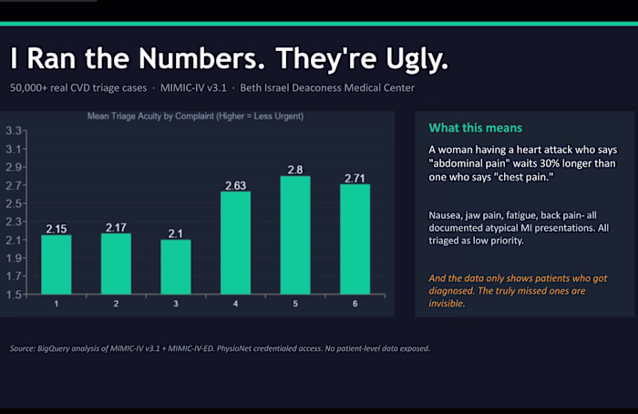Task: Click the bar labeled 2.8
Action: pyautogui.click(x=295, y=235)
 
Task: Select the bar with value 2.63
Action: pyautogui.click(x=235, y=243)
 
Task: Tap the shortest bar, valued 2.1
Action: pyautogui.click(x=176, y=266)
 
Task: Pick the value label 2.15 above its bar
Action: pyautogui.click(x=57, y=229)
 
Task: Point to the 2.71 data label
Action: pyautogui.click(x=355, y=179)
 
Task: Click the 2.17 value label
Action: pyautogui.click(x=116, y=228)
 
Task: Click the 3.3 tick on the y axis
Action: pyautogui.click(x=14, y=130)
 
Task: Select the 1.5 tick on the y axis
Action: pyautogui.click(x=14, y=295)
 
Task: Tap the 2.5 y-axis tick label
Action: pyautogui.click(x=14, y=203)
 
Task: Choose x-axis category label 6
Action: pyautogui.click(x=355, y=304)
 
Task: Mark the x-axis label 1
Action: pyautogui.click(x=57, y=304)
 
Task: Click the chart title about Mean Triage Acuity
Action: pyautogui.click(x=195, y=117)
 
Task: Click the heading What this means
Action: pyautogui.click(x=475, y=128)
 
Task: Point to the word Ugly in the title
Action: pyautogui.click(x=417, y=59)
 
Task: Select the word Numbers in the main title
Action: pyautogui.click(x=201, y=58)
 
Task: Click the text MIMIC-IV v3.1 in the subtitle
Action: pyautogui.click(x=193, y=88)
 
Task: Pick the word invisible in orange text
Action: pyautogui.click(x=447, y=304)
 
